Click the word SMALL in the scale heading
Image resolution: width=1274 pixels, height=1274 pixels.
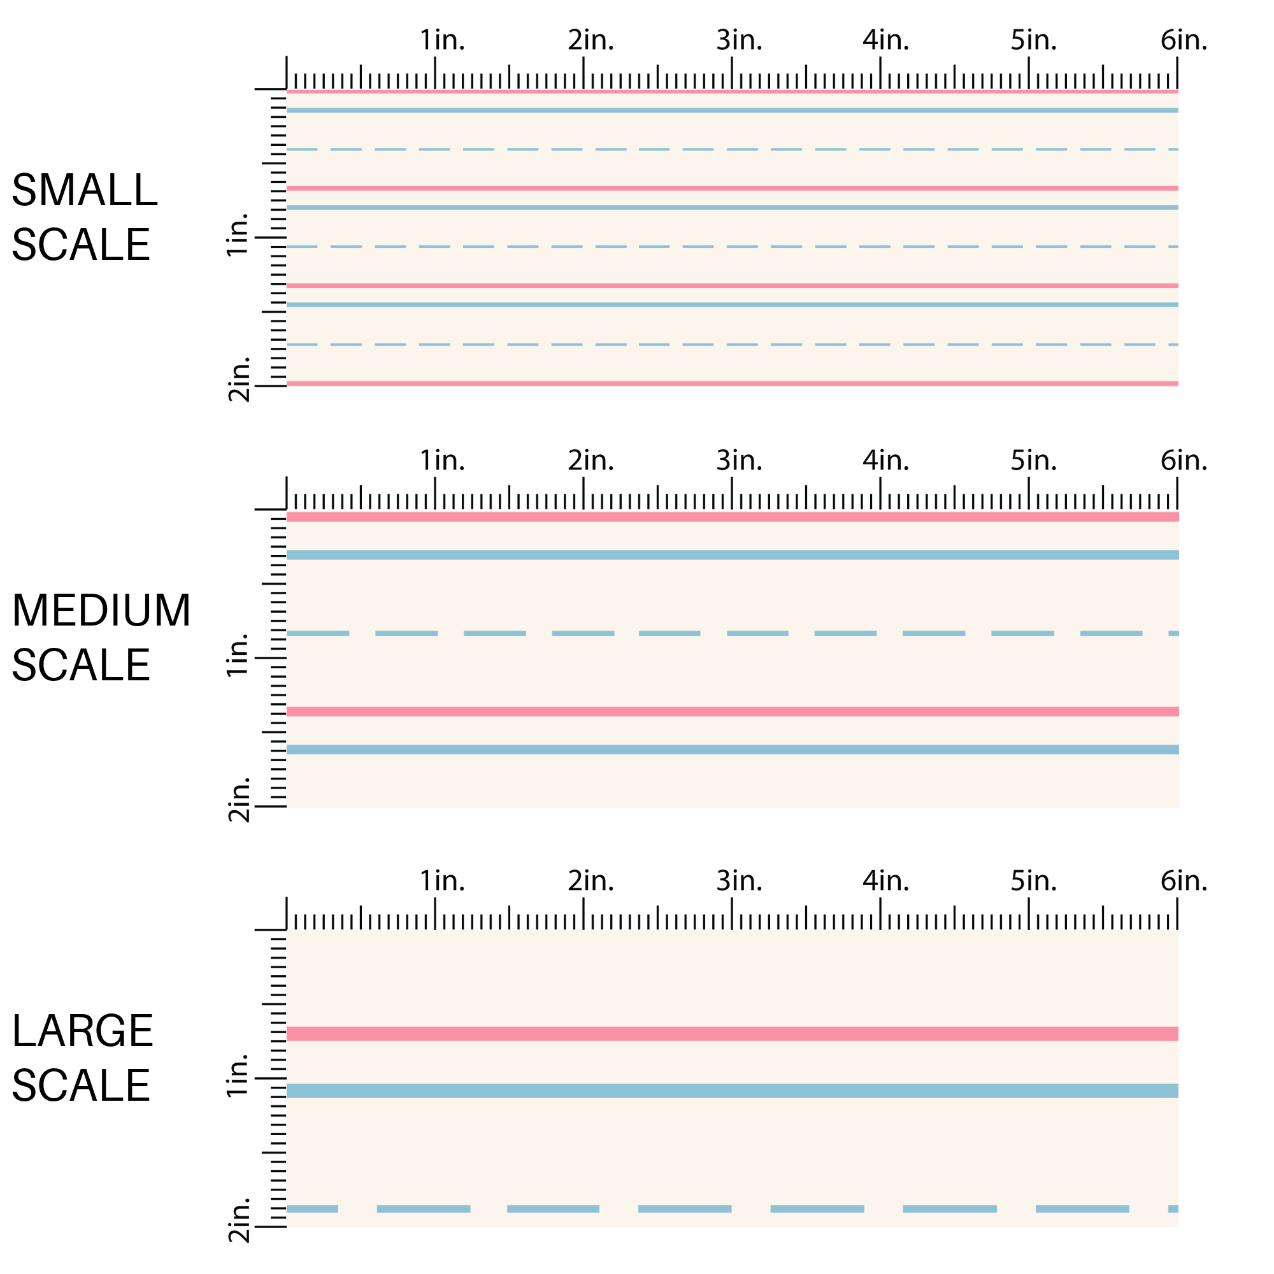coord(85,190)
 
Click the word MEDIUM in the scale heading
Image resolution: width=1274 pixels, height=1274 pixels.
coord(101,610)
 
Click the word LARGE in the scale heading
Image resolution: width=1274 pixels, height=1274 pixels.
coord(82,1031)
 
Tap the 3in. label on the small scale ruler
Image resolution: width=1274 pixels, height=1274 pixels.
coord(739,41)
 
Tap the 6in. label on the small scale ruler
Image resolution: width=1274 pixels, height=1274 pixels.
coord(1184,41)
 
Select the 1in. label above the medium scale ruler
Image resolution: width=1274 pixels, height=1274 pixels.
coord(442,461)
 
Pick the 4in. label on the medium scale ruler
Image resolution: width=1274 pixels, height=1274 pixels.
coord(885,461)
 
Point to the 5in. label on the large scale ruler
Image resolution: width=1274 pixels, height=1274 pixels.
coord(1033,880)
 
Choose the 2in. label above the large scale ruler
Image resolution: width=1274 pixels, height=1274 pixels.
coord(590,880)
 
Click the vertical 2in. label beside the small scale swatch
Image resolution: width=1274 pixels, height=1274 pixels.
coord(239,379)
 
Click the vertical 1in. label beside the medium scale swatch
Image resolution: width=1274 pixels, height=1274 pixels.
coord(238,654)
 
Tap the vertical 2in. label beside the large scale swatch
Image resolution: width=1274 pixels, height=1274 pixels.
coord(239,1220)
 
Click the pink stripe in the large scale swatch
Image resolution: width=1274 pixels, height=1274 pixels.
coord(732,1033)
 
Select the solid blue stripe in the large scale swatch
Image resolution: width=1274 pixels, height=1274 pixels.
coord(732,1091)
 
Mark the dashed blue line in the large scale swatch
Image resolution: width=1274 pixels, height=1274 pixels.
coord(686,1209)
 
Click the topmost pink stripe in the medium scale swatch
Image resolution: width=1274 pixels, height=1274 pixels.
coord(732,517)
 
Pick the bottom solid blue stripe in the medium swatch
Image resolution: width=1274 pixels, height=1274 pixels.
coord(732,750)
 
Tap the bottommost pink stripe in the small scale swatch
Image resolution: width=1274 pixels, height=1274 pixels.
coord(732,383)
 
